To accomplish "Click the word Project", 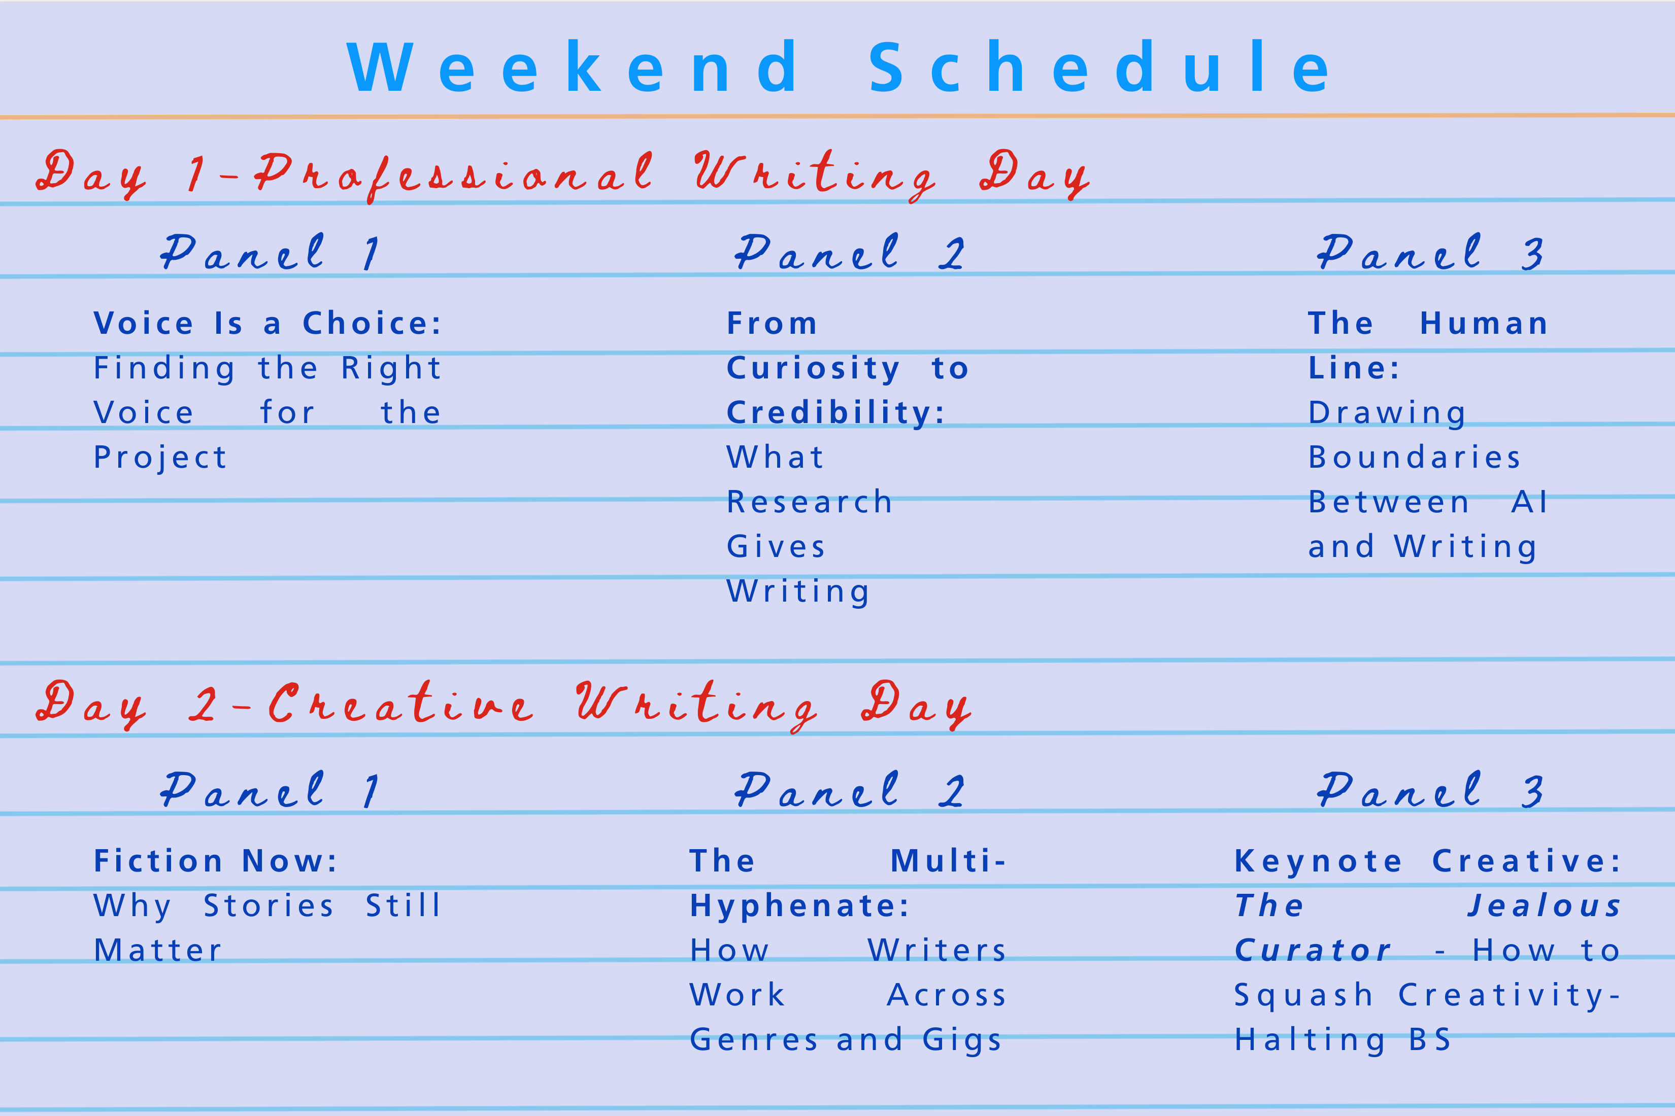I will [160, 458].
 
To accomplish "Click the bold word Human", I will [1484, 324].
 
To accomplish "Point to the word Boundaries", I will [1414, 458].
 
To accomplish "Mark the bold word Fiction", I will [158, 861].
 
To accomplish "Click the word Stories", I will [269, 906].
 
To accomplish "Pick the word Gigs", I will [961, 1040].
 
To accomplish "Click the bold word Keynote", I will [1318, 861].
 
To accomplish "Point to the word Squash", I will [1303, 995].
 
